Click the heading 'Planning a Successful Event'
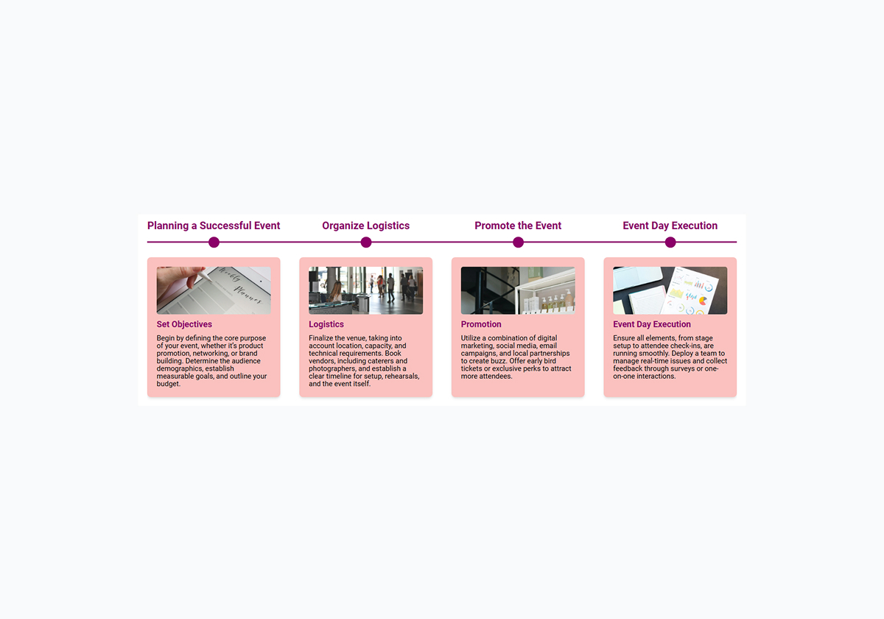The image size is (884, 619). pos(214,225)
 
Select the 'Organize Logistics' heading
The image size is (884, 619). pos(365,225)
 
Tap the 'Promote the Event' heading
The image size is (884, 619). pos(518,225)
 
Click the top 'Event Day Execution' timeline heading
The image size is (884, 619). pos(670,225)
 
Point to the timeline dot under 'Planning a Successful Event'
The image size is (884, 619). pos(214,242)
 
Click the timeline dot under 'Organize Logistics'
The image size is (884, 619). pos(366,242)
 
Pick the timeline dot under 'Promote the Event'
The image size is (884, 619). pos(518,242)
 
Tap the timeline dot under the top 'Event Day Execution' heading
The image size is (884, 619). pos(670,242)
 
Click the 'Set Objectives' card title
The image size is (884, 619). pos(184,324)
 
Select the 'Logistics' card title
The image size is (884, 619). pos(326,324)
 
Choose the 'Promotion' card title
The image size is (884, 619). pos(481,324)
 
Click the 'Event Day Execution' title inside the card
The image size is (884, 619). pos(652,324)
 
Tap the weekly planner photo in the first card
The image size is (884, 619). pos(214,290)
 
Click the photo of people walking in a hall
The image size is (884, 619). pos(365,290)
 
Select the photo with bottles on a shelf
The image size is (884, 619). pos(518,290)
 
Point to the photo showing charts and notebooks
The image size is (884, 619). pos(670,290)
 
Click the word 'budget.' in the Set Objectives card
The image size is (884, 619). pos(168,384)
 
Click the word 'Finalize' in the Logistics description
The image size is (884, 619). pos(321,338)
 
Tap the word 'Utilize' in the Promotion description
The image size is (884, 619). pos(472,338)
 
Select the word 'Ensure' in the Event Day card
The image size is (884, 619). pos(625,338)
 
